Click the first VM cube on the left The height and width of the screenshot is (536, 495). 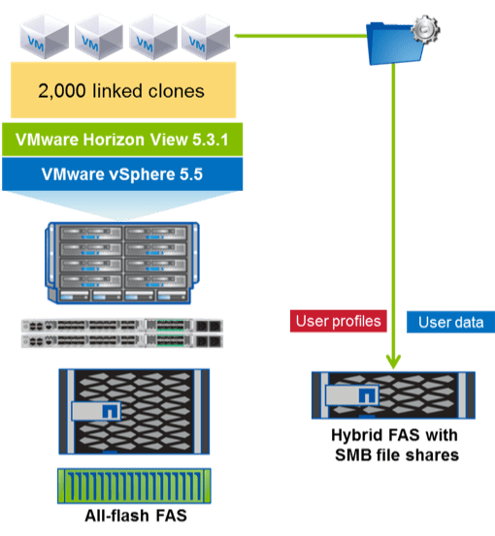41,37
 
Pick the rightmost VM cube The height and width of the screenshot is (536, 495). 205,37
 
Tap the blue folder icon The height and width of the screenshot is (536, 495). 392,45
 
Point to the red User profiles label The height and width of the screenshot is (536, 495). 336,320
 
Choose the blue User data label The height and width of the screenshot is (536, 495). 449,322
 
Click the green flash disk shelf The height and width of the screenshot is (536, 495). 121,485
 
